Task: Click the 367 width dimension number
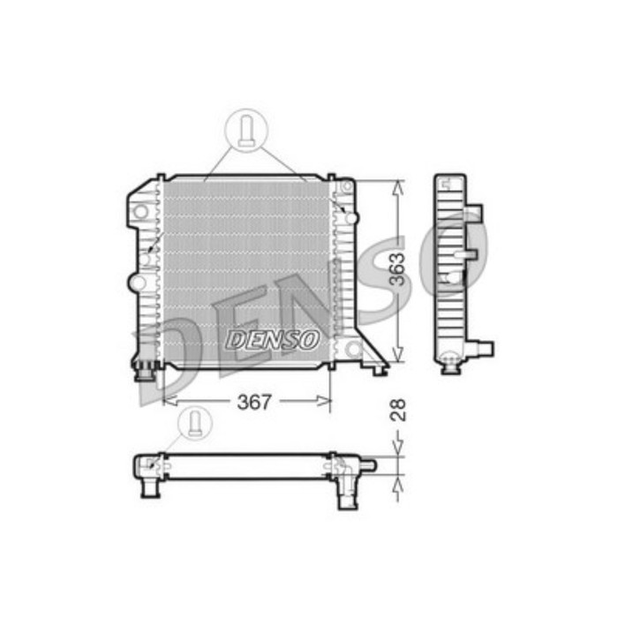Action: click(x=253, y=402)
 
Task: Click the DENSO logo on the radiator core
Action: click(x=273, y=340)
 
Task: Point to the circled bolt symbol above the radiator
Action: click(x=246, y=130)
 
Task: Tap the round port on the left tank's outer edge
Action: click(x=135, y=283)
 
